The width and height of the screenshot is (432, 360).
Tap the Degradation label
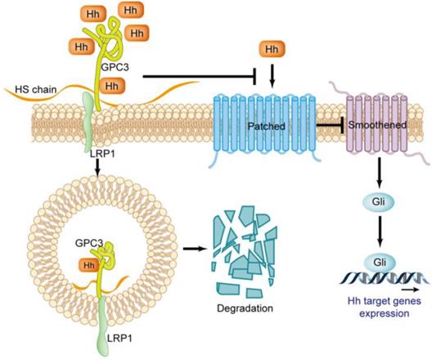[x=243, y=308]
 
